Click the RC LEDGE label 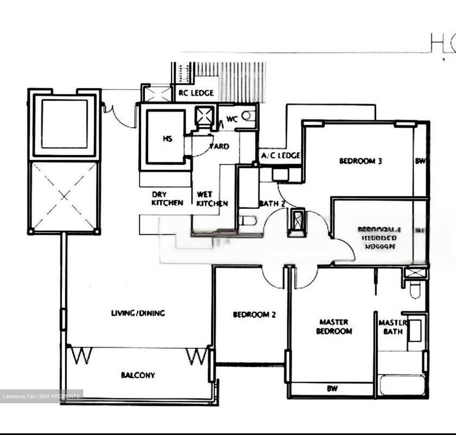[x=196, y=93]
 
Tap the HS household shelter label [x=168, y=139]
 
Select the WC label [x=232, y=119]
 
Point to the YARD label [x=219, y=146]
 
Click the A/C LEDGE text [x=280, y=156]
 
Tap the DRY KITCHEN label [x=167, y=199]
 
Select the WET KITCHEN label [x=212, y=199]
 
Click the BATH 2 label [x=272, y=203]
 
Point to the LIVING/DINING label [x=138, y=313]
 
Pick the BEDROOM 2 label [x=254, y=314]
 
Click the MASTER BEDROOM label [x=334, y=326]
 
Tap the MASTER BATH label [x=392, y=327]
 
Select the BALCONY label [x=138, y=375]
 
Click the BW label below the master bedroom [x=332, y=388]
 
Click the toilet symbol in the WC [x=248, y=116]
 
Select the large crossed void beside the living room [x=64, y=197]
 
